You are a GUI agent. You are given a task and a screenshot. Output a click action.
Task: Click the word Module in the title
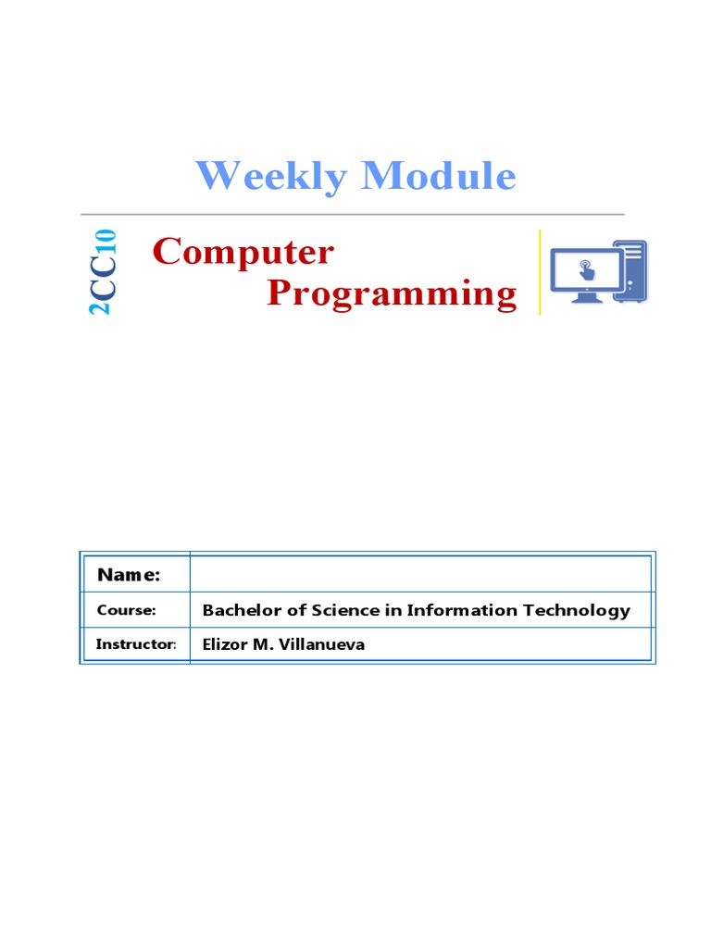pos(439,176)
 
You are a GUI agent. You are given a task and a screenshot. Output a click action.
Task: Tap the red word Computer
pos(243,251)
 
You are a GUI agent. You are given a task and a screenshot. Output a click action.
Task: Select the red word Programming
pos(392,293)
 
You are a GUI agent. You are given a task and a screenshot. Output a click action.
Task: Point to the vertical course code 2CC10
pos(103,272)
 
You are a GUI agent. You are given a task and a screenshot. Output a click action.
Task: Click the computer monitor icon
pos(584,274)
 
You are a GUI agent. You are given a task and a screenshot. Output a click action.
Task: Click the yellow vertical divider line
pos(540,272)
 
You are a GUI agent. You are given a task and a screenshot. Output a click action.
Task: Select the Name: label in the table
pos(129,575)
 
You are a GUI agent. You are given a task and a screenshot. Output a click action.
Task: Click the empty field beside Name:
pos(420,574)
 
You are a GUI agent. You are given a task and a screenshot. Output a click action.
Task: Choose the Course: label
pos(126,610)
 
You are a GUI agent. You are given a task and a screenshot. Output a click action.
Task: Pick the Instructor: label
pos(135,644)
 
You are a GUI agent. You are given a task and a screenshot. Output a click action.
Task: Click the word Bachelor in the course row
pos(238,610)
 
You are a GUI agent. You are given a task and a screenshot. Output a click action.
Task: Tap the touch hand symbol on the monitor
pos(585,269)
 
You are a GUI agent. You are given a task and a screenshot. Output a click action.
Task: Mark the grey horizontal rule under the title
pos(352,215)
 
